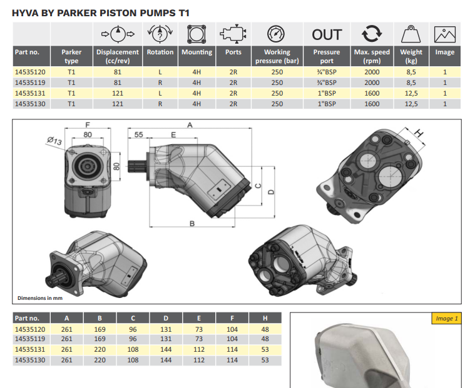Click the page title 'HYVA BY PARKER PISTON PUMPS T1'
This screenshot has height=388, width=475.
pos(101,13)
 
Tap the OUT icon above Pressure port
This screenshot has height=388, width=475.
pos(327,35)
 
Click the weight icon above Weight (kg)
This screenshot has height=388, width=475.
pos(411,34)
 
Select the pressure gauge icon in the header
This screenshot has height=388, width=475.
pos(276,34)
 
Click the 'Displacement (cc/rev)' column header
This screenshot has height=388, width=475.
pos(118,56)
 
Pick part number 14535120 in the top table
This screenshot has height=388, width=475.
pos(30,72)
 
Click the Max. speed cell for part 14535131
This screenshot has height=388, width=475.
pos(372,93)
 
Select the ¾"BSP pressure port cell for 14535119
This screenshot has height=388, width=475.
pos(327,82)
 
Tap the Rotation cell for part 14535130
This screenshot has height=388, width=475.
pos(160,104)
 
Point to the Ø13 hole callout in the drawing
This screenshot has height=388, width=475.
pos(54,141)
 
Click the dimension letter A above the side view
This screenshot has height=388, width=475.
pos(190,124)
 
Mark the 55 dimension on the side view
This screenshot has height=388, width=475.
pos(138,134)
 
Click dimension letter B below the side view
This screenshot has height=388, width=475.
pos(192,224)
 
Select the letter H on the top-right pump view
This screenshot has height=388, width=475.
pos(419,132)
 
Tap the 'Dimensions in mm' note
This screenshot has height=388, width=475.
pos(40,298)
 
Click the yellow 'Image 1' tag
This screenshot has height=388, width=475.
pos(446,319)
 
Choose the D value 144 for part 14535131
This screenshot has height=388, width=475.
pos(166,350)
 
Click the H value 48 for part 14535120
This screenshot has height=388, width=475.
pos(265,329)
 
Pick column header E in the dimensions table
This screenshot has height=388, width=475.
pos(199,318)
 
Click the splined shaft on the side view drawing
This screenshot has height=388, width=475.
pos(137,166)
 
